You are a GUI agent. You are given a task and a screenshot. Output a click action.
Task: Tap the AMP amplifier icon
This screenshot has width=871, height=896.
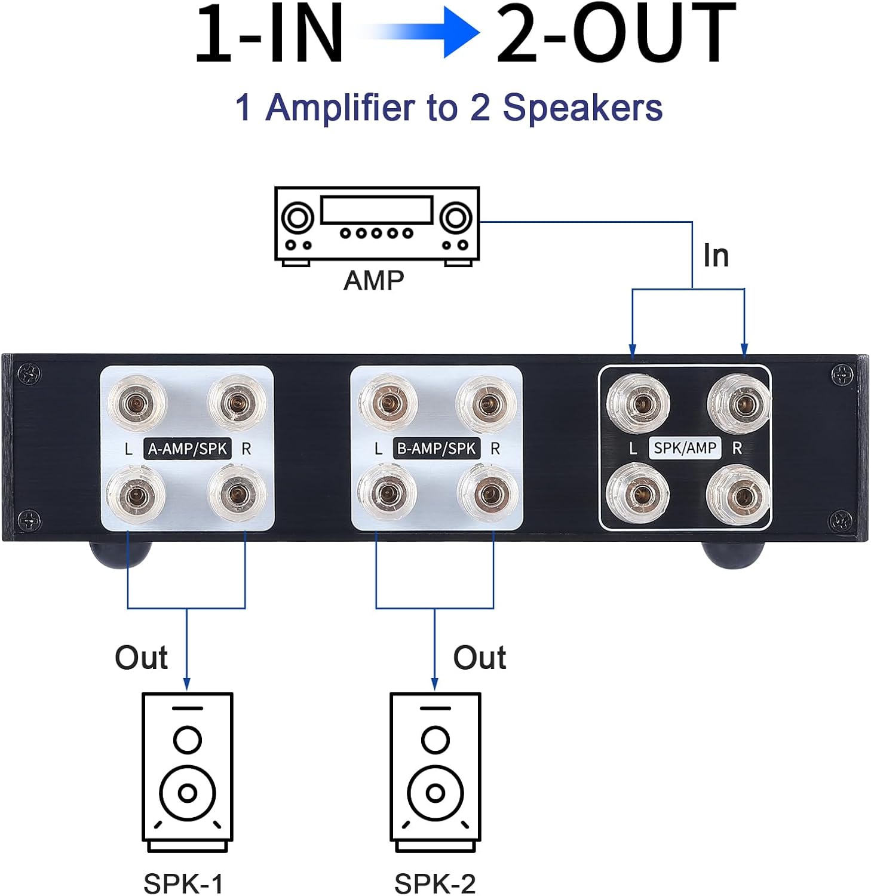[x=376, y=225]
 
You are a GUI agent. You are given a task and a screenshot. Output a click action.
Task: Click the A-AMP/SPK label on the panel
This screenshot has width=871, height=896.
[x=187, y=449]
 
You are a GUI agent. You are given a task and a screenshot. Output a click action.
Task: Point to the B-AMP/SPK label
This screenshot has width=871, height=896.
[x=436, y=449]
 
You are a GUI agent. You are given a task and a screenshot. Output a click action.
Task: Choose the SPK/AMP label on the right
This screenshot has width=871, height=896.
[x=685, y=448]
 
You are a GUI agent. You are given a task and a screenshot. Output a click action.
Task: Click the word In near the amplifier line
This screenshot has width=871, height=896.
[x=716, y=256]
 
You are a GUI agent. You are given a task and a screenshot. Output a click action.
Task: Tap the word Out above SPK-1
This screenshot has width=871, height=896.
[x=141, y=658]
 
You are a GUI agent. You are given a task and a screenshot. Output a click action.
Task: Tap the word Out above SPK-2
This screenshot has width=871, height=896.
[x=479, y=658]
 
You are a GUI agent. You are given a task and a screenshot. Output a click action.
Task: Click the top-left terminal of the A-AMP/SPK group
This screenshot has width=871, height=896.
[x=137, y=404]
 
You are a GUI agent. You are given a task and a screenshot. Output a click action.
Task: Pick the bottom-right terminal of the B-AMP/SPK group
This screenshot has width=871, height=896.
[x=487, y=493]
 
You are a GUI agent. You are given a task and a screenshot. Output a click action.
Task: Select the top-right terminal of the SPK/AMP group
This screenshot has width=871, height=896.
[x=740, y=404]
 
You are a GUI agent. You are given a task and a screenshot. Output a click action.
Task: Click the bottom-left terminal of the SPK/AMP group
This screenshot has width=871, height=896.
[x=638, y=493]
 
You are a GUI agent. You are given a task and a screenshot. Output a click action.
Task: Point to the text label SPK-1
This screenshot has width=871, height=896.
[x=183, y=883]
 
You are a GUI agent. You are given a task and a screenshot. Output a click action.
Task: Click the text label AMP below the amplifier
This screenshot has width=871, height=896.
[x=374, y=280]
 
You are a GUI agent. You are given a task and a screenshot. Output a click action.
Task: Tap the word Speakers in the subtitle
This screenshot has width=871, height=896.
[x=582, y=108]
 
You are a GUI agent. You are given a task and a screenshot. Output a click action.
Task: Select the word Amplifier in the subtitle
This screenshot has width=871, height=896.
[x=340, y=108]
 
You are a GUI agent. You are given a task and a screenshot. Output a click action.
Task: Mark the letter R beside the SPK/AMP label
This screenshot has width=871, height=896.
[x=737, y=449]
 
